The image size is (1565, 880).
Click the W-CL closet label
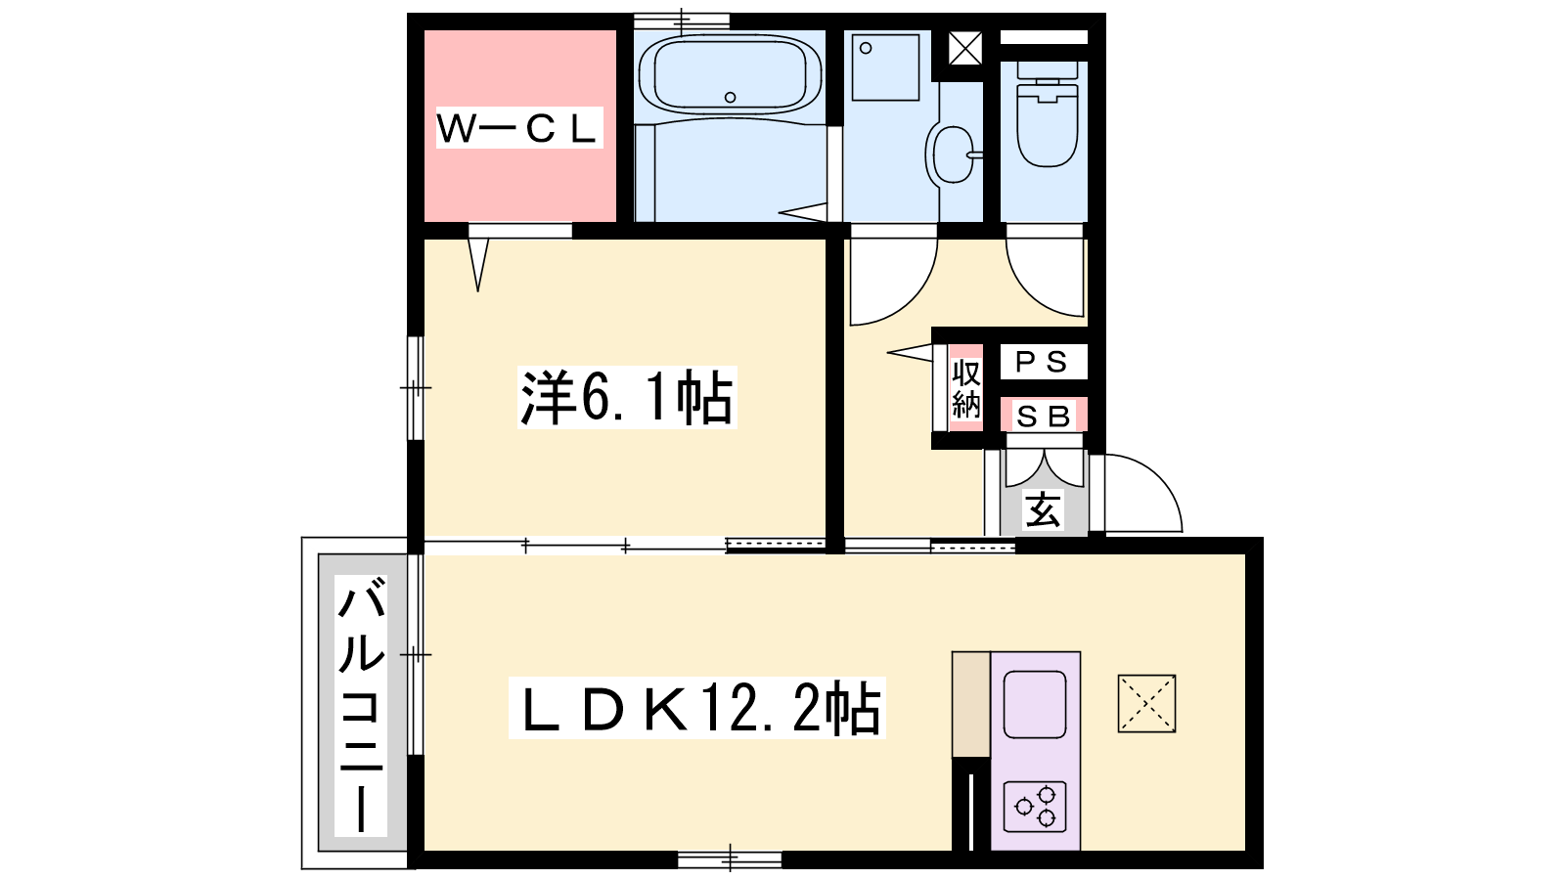(519, 128)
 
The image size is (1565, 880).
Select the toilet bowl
(1047, 114)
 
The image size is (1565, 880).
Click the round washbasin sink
(951, 154)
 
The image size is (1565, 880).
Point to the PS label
(1044, 362)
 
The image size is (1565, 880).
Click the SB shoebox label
(1043, 417)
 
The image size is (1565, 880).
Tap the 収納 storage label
(966, 388)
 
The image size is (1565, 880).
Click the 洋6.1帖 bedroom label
(627, 397)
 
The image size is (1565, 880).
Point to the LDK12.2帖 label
(696, 708)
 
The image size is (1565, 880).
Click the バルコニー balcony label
(361, 705)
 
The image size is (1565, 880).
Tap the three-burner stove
(1035, 807)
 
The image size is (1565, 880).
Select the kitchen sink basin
(1035, 704)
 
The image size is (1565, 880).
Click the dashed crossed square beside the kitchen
(1146, 703)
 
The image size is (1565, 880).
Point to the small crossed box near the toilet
(965, 48)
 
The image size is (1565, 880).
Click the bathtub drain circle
(730, 97)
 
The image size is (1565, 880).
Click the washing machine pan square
(885, 67)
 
